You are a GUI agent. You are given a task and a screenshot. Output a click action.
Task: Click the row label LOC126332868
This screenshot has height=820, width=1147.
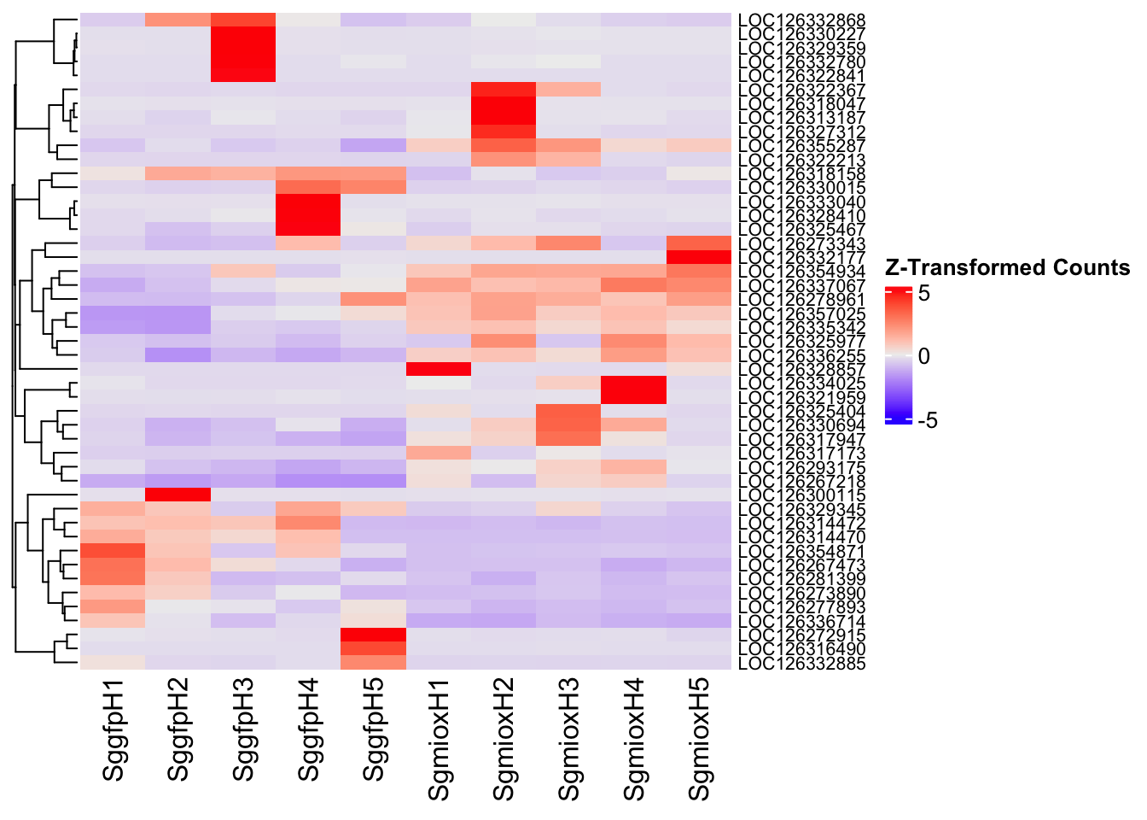801,20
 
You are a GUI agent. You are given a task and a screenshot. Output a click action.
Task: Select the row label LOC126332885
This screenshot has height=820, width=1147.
801,664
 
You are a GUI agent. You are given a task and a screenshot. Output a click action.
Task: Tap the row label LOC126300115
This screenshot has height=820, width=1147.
801,495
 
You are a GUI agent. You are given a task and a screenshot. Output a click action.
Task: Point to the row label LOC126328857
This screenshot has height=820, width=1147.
801,369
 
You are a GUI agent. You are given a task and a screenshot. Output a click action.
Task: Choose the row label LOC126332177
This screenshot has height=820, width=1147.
801,258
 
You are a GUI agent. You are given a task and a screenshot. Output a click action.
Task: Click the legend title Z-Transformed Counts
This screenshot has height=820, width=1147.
1007,267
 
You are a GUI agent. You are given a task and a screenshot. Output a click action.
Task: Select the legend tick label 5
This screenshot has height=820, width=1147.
924,293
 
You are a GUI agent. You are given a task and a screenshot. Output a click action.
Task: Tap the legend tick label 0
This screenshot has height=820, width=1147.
924,356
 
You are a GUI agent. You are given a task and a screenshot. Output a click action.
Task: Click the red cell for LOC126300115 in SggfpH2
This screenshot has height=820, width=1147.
178,495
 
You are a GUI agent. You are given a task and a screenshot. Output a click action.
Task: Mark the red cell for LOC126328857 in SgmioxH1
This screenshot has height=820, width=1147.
439,369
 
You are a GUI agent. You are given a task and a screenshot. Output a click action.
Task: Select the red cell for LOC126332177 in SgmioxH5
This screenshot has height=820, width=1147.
699,258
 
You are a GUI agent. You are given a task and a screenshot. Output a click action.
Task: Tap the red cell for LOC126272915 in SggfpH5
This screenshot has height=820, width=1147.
374,635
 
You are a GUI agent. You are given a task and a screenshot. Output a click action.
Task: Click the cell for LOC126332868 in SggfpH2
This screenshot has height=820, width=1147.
178,20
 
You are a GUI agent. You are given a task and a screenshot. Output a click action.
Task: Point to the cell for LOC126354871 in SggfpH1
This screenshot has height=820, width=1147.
113,551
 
